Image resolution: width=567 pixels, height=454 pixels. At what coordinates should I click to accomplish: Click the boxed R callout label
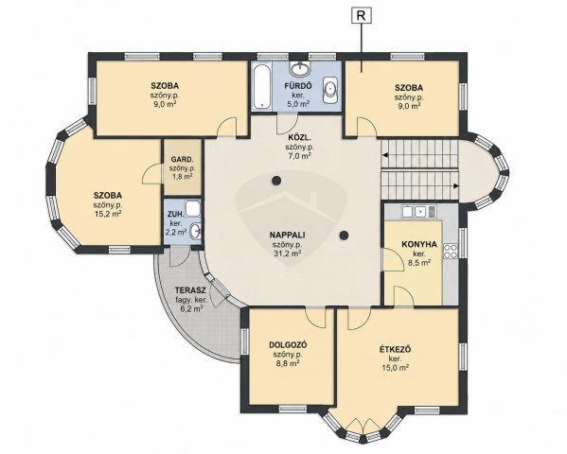tap(361, 15)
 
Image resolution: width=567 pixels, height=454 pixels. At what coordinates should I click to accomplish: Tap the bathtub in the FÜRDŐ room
tap(262, 86)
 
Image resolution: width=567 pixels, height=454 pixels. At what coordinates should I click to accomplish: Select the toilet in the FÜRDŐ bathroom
tap(329, 90)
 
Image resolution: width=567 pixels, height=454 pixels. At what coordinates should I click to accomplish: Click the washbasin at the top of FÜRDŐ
tap(299, 68)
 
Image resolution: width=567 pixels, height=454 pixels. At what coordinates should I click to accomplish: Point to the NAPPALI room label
tap(287, 235)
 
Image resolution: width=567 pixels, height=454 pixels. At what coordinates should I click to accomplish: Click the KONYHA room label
tap(419, 244)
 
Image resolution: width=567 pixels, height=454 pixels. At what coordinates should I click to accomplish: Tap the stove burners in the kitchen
tap(451, 251)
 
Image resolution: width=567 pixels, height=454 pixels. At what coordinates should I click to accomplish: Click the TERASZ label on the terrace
tap(190, 290)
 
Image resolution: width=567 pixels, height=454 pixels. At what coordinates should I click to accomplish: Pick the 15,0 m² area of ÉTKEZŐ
tap(396, 368)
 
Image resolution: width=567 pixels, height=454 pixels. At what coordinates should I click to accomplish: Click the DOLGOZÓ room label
tap(288, 345)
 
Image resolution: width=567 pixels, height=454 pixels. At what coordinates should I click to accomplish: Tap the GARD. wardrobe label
tap(182, 159)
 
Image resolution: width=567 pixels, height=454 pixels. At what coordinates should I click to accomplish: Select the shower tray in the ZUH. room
tap(193, 208)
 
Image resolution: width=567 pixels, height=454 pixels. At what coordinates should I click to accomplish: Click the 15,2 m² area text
tap(107, 213)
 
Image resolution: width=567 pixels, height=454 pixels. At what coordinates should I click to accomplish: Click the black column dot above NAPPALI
tap(276, 180)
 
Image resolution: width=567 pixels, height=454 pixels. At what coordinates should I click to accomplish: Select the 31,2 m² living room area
tap(288, 253)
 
